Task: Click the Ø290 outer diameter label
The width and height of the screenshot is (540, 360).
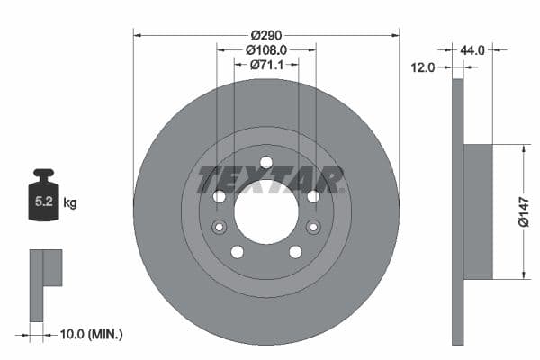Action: click(x=265, y=35)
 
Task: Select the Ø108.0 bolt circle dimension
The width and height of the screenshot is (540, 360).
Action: click(x=265, y=50)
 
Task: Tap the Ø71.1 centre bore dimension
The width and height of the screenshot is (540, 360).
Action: click(x=265, y=65)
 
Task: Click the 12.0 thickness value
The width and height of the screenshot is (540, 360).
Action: click(x=423, y=67)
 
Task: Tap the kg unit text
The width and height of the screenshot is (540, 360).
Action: click(x=70, y=203)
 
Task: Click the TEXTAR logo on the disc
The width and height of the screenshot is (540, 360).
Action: click(x=270, y=180)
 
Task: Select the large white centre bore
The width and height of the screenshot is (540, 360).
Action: click(x=265, y=211)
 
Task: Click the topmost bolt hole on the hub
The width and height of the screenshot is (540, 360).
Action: click(x=265, y=163)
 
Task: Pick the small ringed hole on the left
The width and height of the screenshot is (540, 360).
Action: click(x=219, y=227)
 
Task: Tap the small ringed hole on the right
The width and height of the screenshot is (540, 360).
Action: click(x=313, y=227)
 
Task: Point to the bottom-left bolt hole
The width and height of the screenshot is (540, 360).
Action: click(x=237, y=252)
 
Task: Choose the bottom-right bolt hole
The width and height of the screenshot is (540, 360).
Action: click(x=295, y=252)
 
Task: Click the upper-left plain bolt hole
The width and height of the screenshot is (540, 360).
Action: click(x=219, y=196)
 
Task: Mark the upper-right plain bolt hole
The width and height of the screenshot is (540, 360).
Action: click(x=313, y=196)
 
